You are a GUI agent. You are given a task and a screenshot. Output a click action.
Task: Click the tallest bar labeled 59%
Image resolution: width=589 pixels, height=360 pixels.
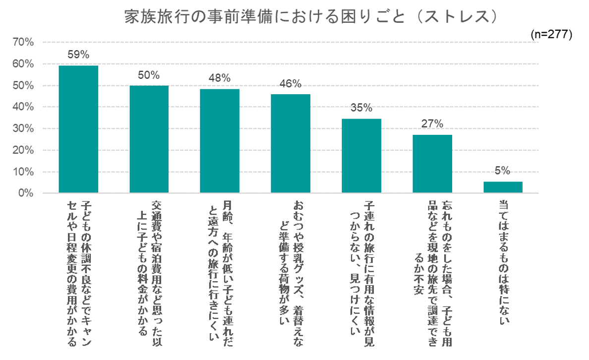click(78, 129)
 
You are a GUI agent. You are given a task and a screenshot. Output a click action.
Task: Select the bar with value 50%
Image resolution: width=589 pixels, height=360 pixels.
click(149, 139)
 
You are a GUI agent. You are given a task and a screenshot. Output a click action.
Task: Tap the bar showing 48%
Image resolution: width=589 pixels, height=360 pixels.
click(220, 141)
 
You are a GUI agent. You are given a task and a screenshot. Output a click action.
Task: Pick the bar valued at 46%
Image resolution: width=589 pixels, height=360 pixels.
click(291, 143)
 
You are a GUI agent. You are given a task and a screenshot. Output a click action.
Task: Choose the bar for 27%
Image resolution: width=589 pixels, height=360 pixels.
click(432, 164)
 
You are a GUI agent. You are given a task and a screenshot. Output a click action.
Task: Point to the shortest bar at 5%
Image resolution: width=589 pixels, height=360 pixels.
click(503, 187)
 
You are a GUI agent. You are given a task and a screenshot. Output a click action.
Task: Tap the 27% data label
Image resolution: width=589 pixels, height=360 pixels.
click(432, 124)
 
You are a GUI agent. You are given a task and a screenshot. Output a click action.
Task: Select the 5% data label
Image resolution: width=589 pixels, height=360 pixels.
click(503, 171)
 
